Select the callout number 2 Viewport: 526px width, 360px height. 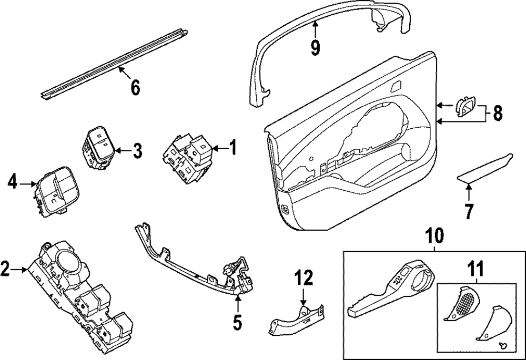(x=5, y=270)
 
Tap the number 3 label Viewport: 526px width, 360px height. (x=137, y=151)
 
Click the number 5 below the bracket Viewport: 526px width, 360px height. (x=237, y=322)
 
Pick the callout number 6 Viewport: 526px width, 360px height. (x=135, y=87)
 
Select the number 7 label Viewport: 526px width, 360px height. (x=468, y=211)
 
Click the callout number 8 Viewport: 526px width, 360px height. (x=498, y=112)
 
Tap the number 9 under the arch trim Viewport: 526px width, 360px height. (x=315, y=47)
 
